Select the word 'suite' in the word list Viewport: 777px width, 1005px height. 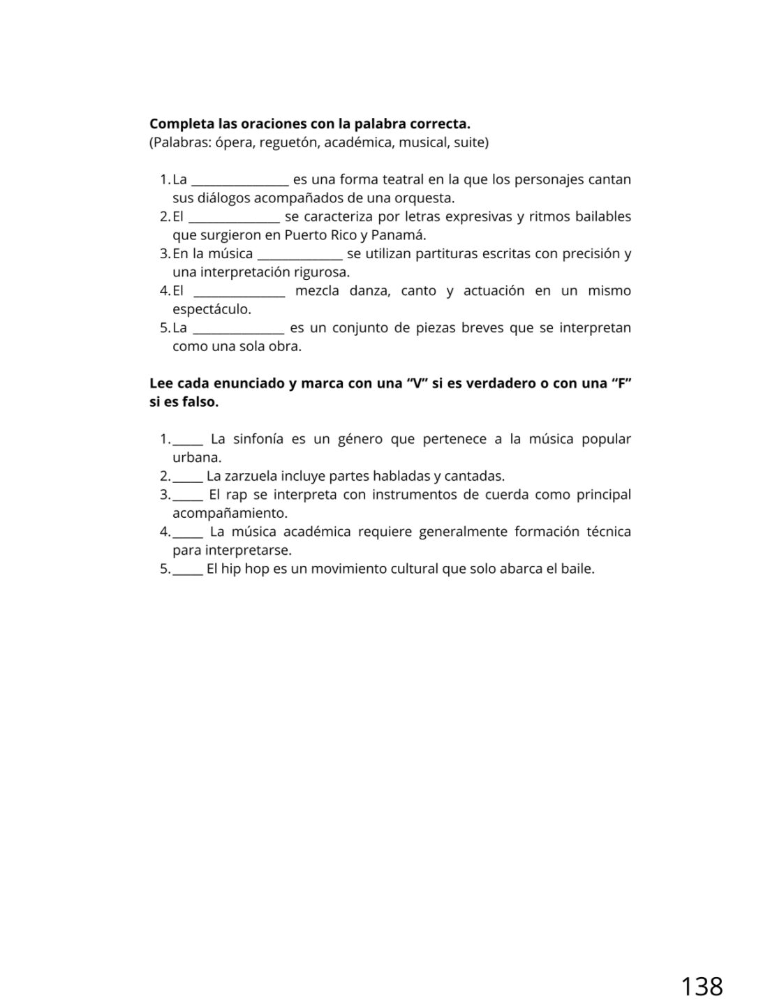tap(469, 143)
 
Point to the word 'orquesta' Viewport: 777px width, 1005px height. tap(427, 198)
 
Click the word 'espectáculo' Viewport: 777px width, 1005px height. tap(211, 309)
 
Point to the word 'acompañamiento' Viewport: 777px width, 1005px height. tap(229, 514)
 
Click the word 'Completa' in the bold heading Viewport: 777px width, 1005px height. tap(179, 124)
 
